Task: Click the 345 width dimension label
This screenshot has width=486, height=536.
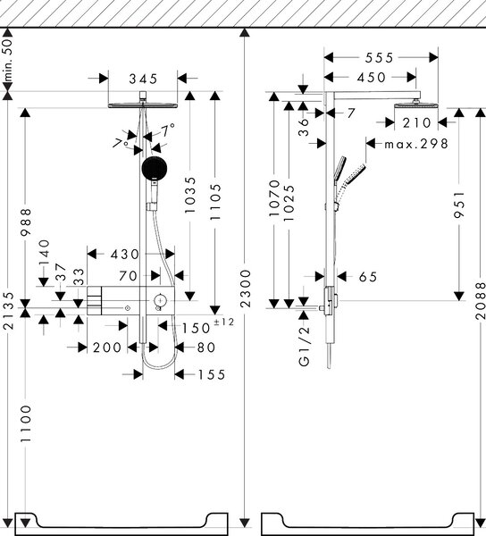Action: tap(143, 79)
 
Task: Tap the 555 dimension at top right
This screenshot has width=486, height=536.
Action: tap(380, 58)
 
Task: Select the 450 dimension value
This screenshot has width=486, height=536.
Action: tap(372, 78)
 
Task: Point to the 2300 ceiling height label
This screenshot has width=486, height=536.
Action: tap(246, 289)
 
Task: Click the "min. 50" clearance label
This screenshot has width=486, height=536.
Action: tap(7, 59)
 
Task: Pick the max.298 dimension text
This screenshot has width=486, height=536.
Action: tap(416, 144)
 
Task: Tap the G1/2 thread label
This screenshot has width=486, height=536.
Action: tap(304, 346)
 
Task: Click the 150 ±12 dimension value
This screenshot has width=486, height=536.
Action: tap(207, 326)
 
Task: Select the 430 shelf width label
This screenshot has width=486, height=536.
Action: tap(125, 254)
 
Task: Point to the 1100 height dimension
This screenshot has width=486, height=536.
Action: tap(26, 423)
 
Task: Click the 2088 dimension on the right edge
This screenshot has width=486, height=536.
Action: tap(480, 300)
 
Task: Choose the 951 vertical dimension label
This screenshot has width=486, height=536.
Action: tap(459, 205)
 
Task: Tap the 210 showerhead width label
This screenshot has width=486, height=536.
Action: tap(416, 122)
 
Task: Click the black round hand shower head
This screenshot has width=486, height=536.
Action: tap(155, 169)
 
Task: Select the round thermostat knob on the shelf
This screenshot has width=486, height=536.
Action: tap(160, 300)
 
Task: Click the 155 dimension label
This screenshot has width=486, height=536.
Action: tap(212, 374)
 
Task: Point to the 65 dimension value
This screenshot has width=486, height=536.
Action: tap(368, 277)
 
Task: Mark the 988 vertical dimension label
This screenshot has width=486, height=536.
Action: tap(26, 222)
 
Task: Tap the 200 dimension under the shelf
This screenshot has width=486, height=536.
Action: tap(107, 348)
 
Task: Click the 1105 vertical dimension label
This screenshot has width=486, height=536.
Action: tap(215, 202)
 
